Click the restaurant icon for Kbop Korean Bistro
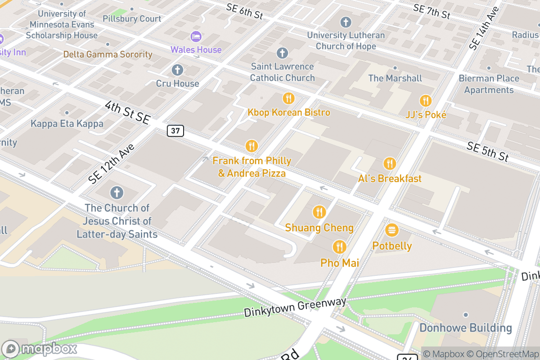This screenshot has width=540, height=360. click(x=288, y=98)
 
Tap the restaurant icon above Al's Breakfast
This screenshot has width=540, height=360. click(x=390, y=164)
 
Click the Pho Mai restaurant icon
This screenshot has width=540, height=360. click(x=339, y=247)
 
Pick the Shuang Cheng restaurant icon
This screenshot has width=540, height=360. click(x=319, y=212)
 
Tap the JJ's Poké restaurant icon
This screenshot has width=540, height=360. click(x=425, y=101)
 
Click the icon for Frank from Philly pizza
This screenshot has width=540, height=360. click(x=252, y=146)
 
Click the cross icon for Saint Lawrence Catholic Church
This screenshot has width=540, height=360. click(x=282, y=53)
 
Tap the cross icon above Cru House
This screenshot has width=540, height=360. click(x=177, y=70)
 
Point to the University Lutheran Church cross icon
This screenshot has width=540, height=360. click(x=346, y=22)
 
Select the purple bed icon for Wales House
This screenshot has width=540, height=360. click(x=196, y=36)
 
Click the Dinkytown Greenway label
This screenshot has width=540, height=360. click(x=295, y=307)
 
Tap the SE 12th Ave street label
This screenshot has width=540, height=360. click(x=112, y=164)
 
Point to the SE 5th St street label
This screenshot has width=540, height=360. click(x=488, y=151)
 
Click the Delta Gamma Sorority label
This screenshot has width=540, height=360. click(x=108, y=54)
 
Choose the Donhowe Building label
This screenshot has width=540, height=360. click(x=465, y=328)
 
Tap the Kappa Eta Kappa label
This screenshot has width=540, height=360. click(x=67, y=123)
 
